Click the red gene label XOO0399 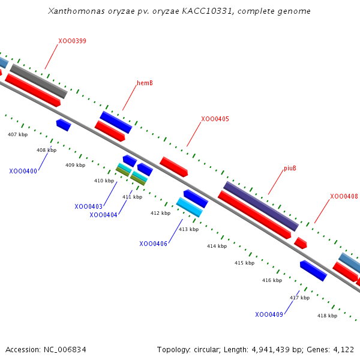pyautogui.click(x=73, y=41)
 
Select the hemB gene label pyautogui.click(x=145, y=83)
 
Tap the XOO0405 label pyautogui.click(x=215, y=119)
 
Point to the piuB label pyautogui.click(x=290, y=168)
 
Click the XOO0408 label pyautogui.click(x=344, y=196)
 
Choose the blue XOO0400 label pyautogui.click(x=23, y=171)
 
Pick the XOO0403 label pyautogui.click(x=88, y=206)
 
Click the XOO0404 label pyautogui.click(x=103, y=215)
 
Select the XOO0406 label pyautogui.click(x=153, y=244)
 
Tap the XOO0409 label pyautogui.click(x=269, y=314)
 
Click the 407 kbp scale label pyautogui.click(x=17, y=134)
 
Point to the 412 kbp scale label pyautogui.click(x=160, y=213)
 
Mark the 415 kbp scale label pyautogui.click(x=245, y=263)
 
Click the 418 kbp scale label pyautogui.click(x=328, y=316)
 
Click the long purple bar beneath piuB pyautogui.click(x=261, y=206)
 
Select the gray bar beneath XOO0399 pyautogui.click(x=38, y=81)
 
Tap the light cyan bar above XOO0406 pyautogui.click(x=190, y=207)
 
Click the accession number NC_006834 pyautogui.click(x=65, y=350)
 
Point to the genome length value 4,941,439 pyautogui.click(x=271, y=350)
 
